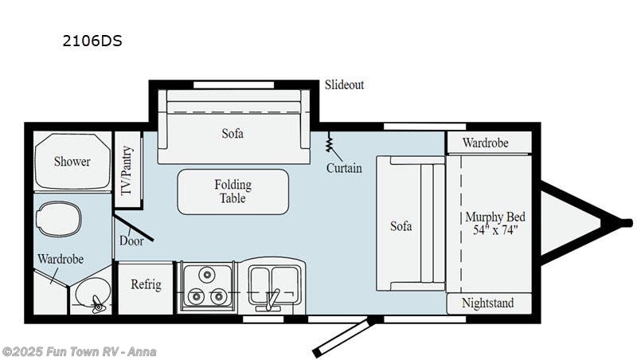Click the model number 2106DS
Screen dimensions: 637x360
click(x=92, y=41)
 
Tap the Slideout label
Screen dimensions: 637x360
click(x=344, y=85)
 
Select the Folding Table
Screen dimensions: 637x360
click(x=233, y=192)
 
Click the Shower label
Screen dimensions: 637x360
click(x=72, y=162)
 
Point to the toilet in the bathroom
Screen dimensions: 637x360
click(x=59, y=219)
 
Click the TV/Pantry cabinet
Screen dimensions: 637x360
click(x=128, y=170)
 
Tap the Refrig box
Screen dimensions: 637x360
click(x=146, y=288)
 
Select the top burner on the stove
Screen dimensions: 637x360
click(x=207, y=275)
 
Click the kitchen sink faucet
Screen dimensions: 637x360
click(x=271, y=301)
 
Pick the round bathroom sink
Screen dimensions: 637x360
click(x=93, y=292)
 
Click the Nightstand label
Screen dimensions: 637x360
click(x=487, y=303)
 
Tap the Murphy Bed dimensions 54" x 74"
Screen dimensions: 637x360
click(x=495, y=230)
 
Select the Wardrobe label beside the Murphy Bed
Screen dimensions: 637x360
click(x=486, y=143)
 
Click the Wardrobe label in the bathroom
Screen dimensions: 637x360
click(x=61, y=259)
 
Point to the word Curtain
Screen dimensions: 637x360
click(x=344, y=168)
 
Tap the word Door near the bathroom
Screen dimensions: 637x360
click(x=131, y=241)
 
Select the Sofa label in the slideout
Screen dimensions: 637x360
click(x=233, y=133)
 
